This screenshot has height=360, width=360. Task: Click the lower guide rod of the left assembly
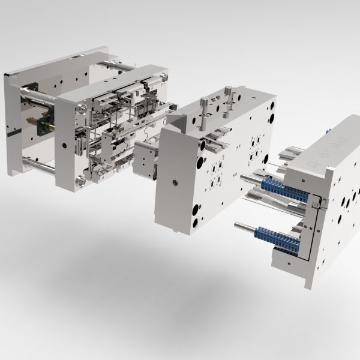(x=36, y=161)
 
